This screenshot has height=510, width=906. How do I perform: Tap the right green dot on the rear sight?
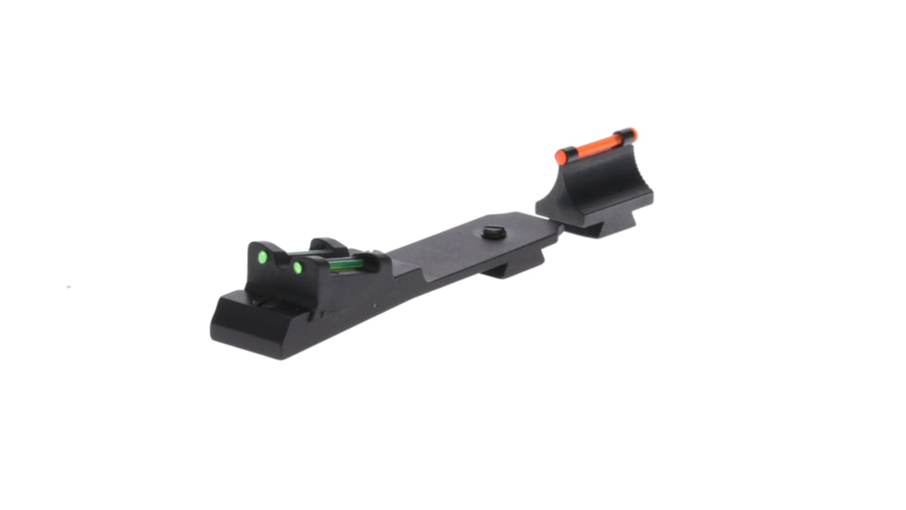point(297,268)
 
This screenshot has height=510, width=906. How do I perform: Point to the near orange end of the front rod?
point(561,155)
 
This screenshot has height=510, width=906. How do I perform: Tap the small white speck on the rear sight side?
point(372,303)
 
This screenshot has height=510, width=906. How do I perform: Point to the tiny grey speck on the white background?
point(69,287)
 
